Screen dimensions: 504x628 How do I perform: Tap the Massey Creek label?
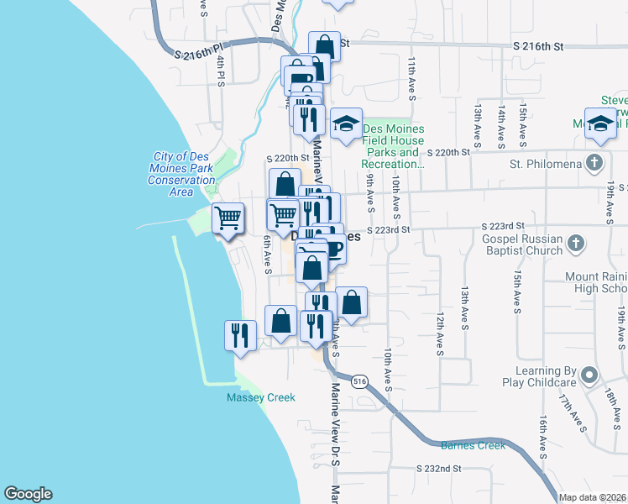point(260,397)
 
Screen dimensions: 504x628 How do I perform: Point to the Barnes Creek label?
point(473,446)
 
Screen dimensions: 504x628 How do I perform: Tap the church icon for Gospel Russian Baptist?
point(575,244)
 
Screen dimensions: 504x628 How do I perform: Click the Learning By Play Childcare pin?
point(589,375)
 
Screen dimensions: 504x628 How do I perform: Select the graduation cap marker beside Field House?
point(346,125)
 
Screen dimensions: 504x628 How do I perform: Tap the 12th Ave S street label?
point(439,334)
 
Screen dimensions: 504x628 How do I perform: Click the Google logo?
point(28,494)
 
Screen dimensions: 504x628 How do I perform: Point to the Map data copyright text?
point(593,497)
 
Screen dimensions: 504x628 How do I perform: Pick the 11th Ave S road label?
point(412,78)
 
